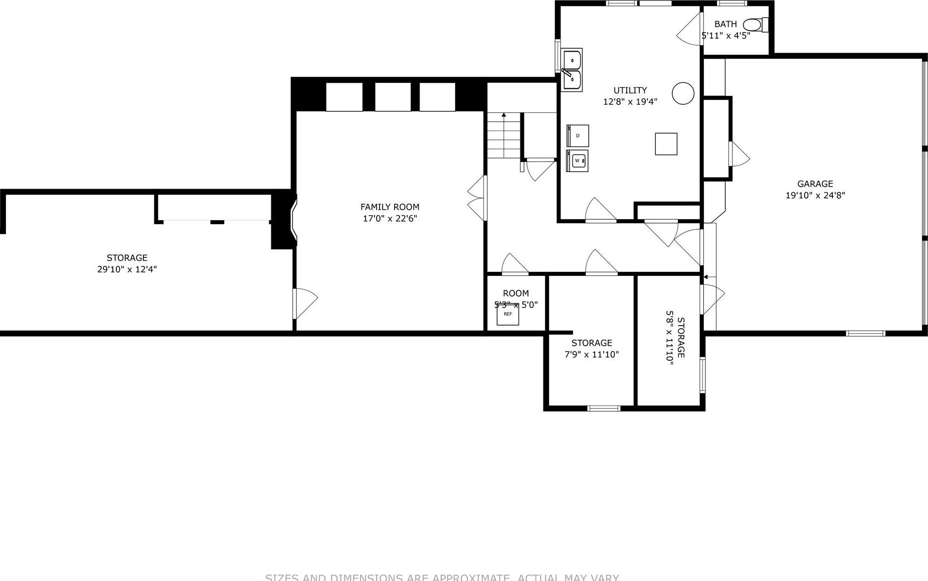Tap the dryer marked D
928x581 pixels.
578,135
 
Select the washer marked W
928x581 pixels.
577,161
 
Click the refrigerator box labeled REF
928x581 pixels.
508,315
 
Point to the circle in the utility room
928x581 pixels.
682,93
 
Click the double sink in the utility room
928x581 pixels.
572,70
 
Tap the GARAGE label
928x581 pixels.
815,184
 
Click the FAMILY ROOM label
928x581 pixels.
390,207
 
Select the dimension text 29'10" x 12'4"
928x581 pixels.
127,269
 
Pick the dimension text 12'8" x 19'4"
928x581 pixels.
630,102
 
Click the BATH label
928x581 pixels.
725,24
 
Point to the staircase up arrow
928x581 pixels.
504,116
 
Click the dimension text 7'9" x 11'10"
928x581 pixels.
592,355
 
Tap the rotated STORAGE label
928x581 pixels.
681,338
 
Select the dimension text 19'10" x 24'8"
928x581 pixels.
815,196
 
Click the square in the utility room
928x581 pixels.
666,144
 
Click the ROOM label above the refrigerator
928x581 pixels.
515,294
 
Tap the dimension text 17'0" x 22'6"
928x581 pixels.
390,219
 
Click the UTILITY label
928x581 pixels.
630,90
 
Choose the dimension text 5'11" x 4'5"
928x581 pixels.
725,36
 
